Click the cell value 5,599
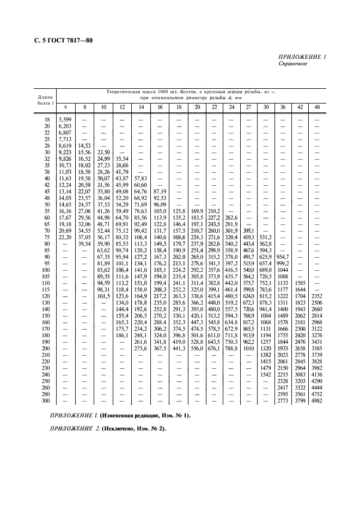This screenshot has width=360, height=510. coord(65,119)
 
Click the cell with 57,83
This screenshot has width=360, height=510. coord(141,178)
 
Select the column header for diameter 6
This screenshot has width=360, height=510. coord(65,107)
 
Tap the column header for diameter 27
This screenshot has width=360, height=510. coord(249,107)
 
